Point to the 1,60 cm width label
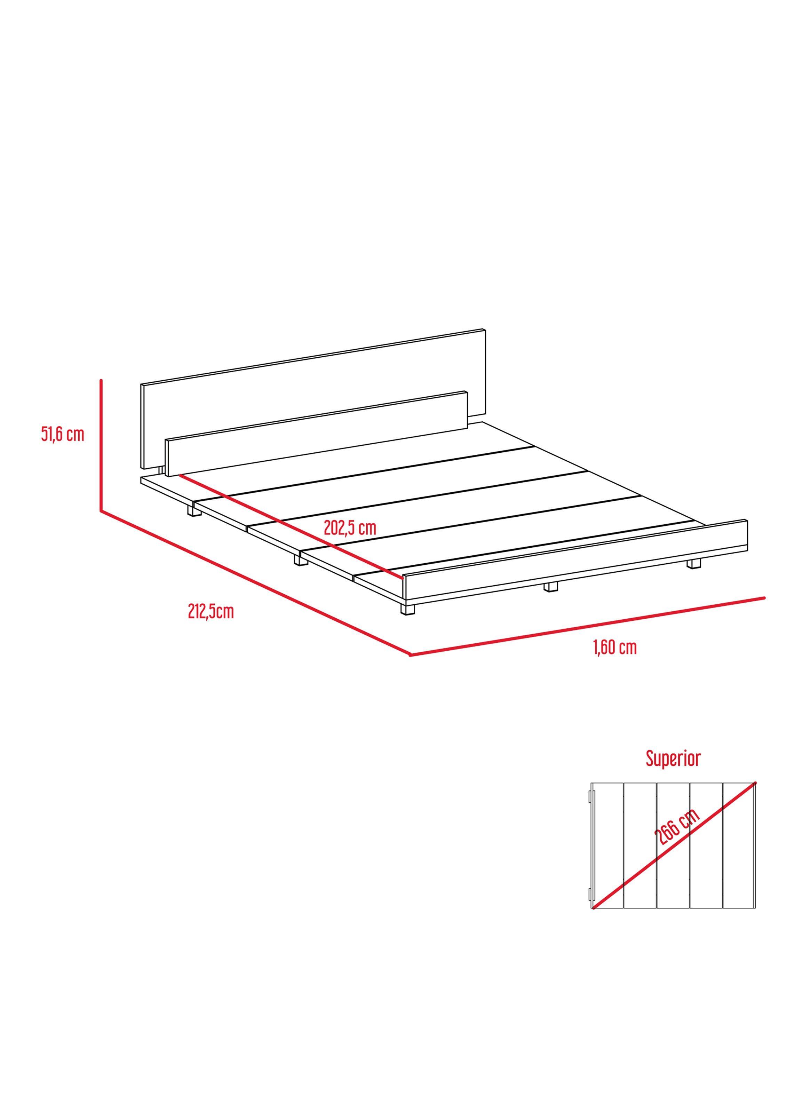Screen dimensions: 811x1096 coord(615,648)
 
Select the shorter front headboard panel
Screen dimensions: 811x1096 coord(317,434)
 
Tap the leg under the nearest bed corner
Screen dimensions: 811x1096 coord(407,609)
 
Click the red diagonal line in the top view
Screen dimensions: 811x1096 coord(675,852)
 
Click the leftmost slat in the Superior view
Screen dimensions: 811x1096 coord(608,852)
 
